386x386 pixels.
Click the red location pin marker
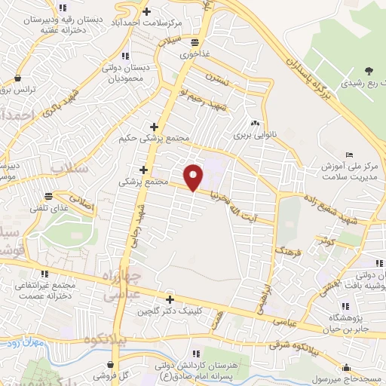(194, 177)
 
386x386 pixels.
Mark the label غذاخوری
(182, 55)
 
